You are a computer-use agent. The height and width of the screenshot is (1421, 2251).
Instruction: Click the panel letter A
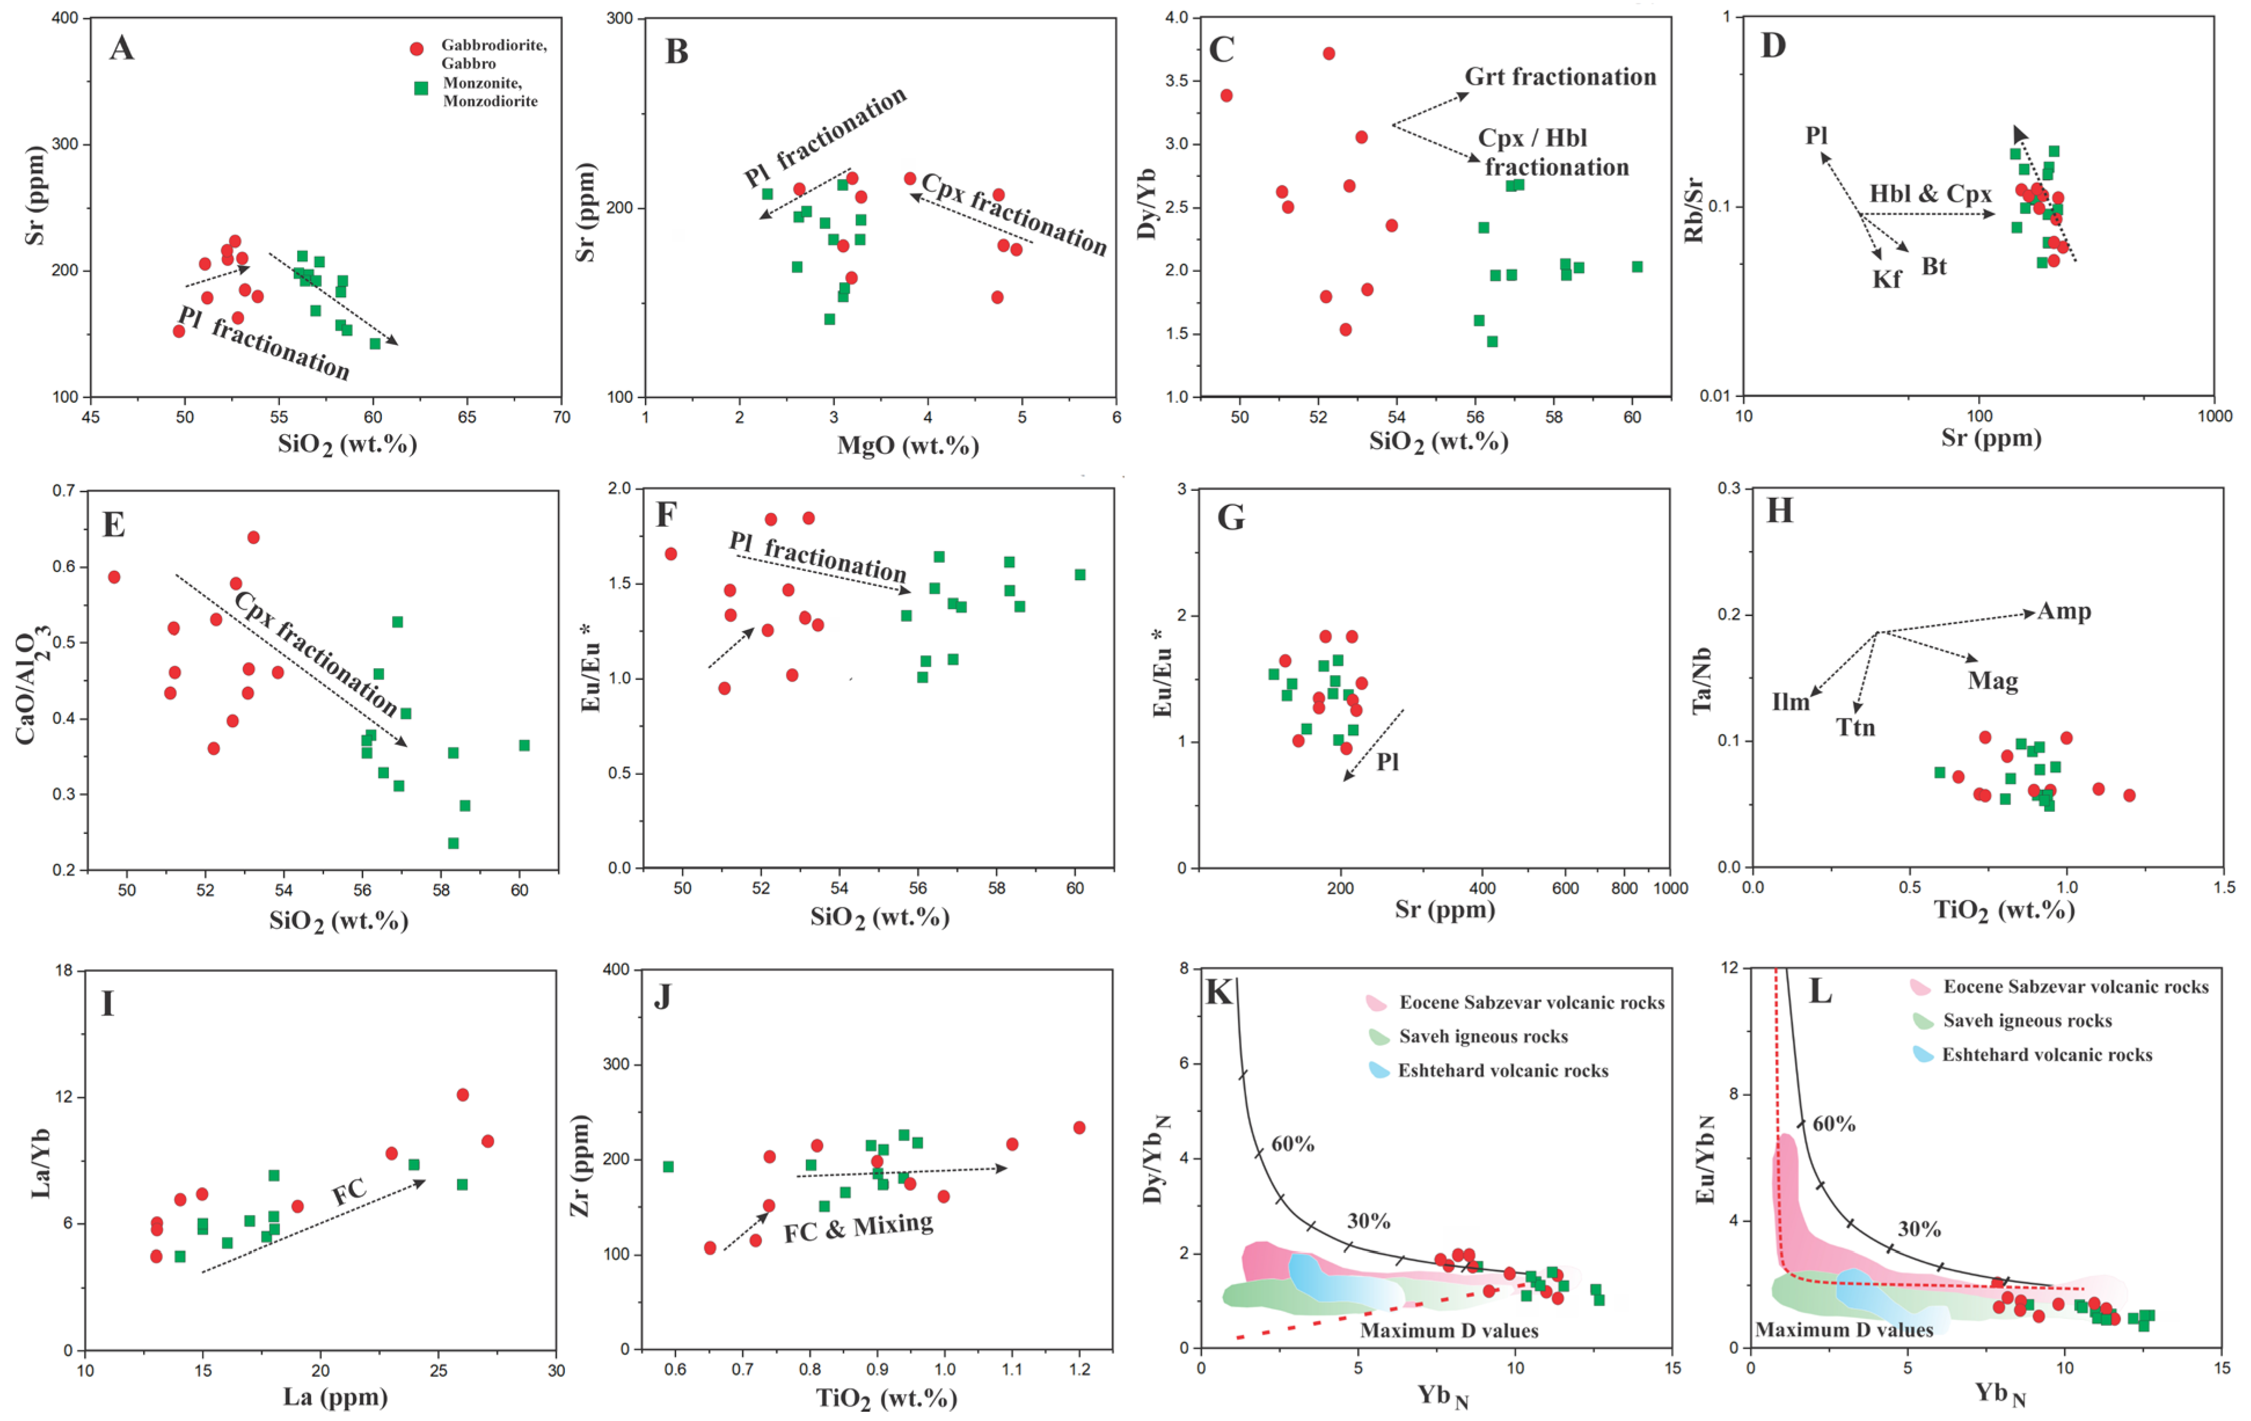(x=122, y=48)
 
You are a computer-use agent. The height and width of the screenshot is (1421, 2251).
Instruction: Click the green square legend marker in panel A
(x=422, y=88)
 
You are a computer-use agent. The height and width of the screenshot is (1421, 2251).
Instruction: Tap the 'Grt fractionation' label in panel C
(x=1559, y=76)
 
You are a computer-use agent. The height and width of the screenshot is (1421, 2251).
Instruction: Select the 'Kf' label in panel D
(x=1887, y=279)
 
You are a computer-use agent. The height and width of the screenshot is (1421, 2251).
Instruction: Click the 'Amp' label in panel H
(x=2064, y=611)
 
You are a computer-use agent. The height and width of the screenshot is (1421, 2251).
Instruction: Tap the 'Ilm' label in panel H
(x=1790, y=701)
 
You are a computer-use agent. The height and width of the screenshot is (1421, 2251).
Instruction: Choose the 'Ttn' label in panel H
(x=1856, y=727)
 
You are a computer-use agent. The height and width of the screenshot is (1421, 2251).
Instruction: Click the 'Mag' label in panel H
(x=1992, y=680)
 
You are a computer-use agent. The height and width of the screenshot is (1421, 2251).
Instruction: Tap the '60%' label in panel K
(x=1293, y=1143)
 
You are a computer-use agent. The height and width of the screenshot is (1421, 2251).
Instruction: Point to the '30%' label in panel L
(x=1919, y=1229)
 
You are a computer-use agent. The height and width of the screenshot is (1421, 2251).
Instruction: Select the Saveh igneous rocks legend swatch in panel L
(x=1923, y=1020)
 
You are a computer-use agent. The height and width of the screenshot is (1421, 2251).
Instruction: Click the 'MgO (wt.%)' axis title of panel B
(x=908, y=445)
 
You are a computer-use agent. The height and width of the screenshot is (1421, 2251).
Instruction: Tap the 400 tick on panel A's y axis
(x=64, y=19)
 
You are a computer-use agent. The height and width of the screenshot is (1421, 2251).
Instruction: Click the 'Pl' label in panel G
(x=1387, y=762)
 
